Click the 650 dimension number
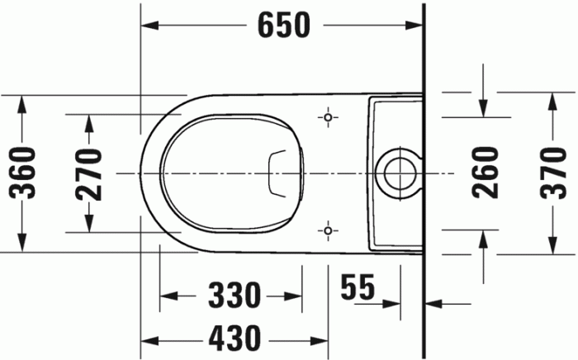pyautogui.click(x=283, y=26)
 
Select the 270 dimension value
pyautogui.click(x=88, y=173)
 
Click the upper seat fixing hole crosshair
pyautogui.click(x=329, y=118)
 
